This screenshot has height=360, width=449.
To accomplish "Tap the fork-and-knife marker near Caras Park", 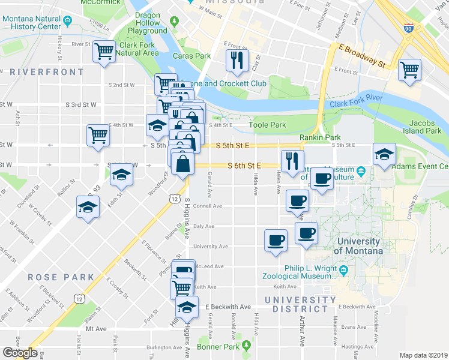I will [236, 59].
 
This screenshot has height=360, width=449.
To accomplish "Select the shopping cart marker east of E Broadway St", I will [409, 70].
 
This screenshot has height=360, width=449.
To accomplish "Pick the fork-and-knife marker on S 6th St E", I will [291, 161].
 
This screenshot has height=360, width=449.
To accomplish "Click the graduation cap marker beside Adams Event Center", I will [384, 155].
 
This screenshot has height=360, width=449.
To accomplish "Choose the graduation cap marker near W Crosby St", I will [88, 208].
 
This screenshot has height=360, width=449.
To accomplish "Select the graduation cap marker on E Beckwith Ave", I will [187, 308].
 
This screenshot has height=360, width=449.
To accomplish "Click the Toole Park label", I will [267, 125].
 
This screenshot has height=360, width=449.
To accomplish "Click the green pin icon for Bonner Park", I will [246, 346].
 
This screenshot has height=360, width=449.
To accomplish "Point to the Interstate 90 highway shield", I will [409, 28].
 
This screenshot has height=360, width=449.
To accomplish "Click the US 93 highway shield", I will [92, 191].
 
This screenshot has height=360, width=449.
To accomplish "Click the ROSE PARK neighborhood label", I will [61, 277].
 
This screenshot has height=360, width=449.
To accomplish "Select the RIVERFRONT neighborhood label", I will [47, 72].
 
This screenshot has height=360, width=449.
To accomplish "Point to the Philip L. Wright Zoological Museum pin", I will [343, 270].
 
